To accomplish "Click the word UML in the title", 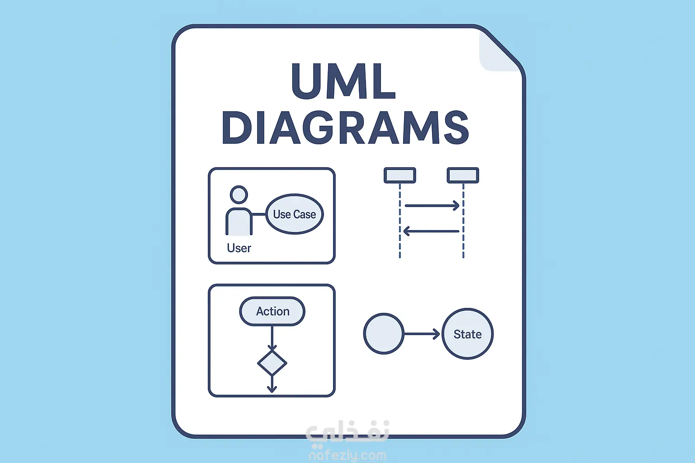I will [343, 81].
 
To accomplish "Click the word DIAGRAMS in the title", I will [345, 128].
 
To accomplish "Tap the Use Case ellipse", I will [295, 214].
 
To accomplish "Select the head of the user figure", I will [238, 195].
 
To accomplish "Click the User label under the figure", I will [239, 248].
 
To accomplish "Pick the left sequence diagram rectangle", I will [400, 175].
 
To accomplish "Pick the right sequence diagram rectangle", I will [463, 175].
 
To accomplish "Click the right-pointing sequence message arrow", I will [432, 206].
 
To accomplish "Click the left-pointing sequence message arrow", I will [431, 231].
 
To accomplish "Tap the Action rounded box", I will [272, 311].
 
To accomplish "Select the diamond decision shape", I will [272, 363].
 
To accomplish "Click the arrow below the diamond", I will [272, 384].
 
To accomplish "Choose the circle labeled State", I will [467, 334].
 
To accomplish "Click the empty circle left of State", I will [384, 334].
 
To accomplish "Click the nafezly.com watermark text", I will [347, 455].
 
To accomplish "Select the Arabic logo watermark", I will [347, 432].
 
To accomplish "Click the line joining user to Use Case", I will [259, 214].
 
